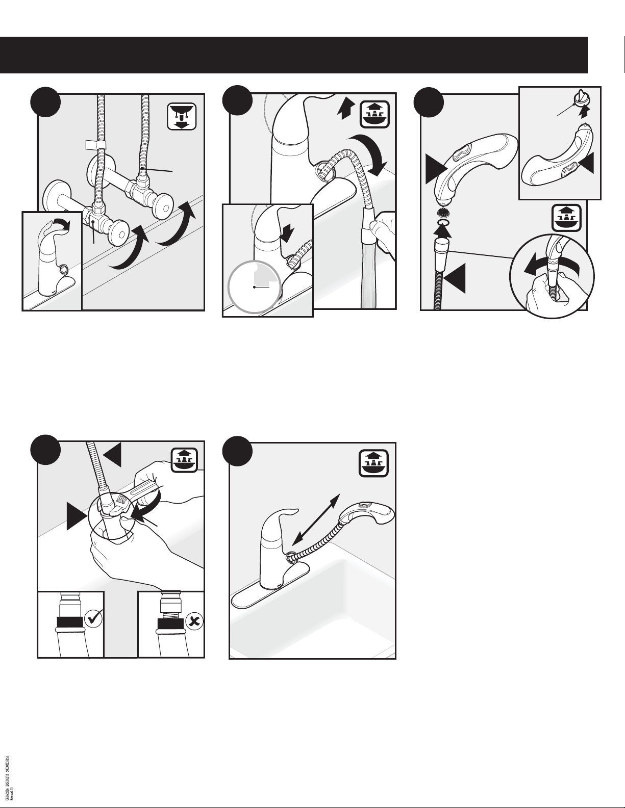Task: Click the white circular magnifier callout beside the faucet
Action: pos(254,287)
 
